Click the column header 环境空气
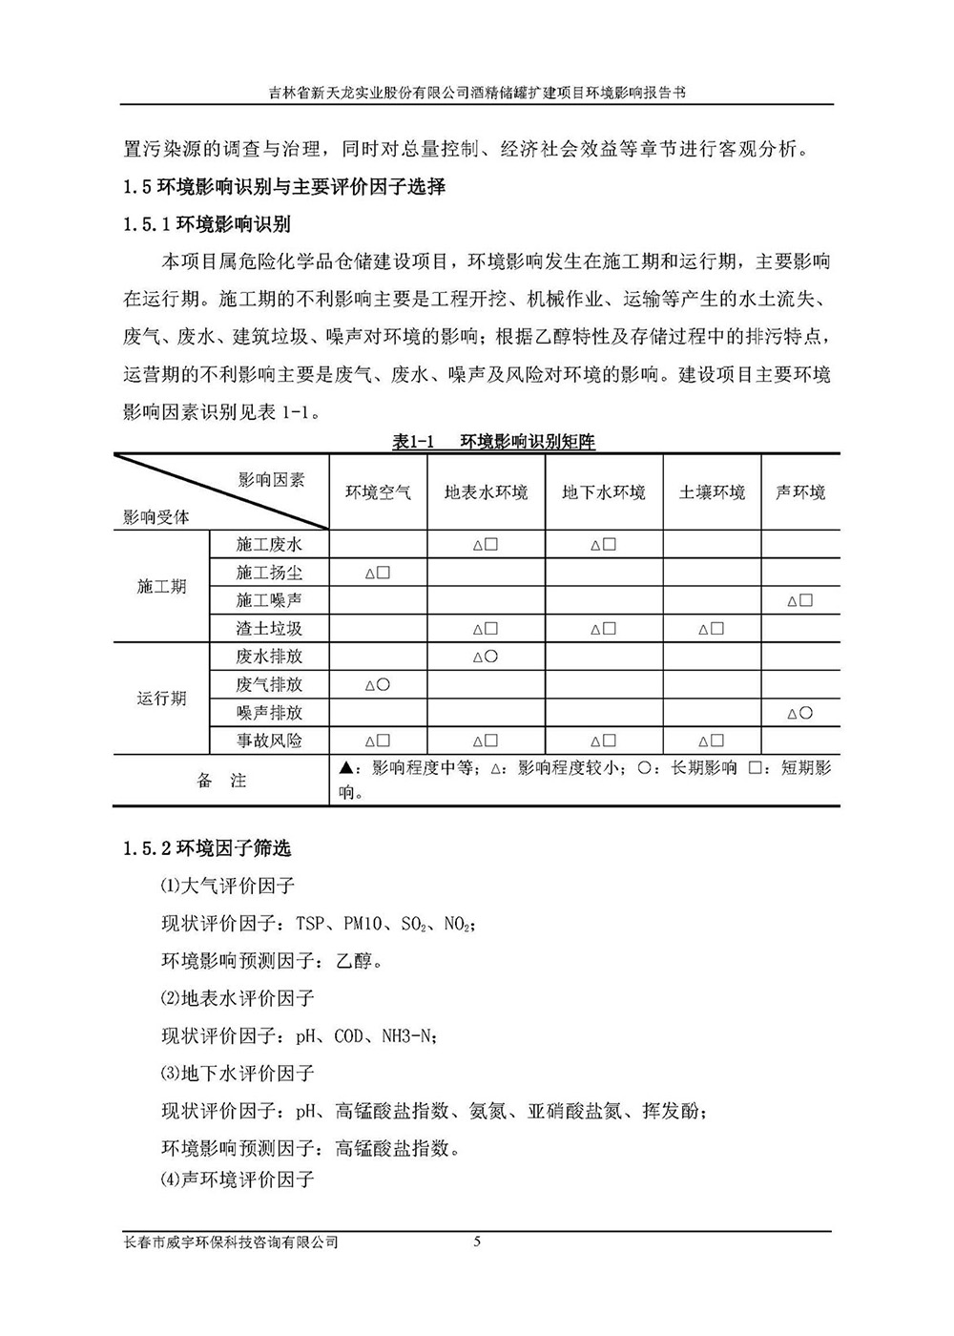[x=379, y=492]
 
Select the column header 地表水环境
[x=486, y=492]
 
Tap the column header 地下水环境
[x=603, y=492]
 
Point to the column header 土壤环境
[x=712, y=492]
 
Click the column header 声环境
[x=799, y=492]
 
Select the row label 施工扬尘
[x=269, y=573]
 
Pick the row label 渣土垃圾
[x=269, y=629]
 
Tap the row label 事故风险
[x=269, y=741]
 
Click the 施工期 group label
[x=161, y=587]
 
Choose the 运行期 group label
[x=161, y=699]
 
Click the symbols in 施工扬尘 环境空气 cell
[x=378, y=574]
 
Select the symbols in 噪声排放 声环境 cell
[x=799, y=713]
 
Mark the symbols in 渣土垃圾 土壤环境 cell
[x=711, y=629]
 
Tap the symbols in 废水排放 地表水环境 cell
[x=486, y=657]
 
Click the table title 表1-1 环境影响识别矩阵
[x=493, y=442]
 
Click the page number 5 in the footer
[x=477, y=1242]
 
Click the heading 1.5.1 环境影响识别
[x=207, y=224]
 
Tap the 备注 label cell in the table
[x=221, y=781]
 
